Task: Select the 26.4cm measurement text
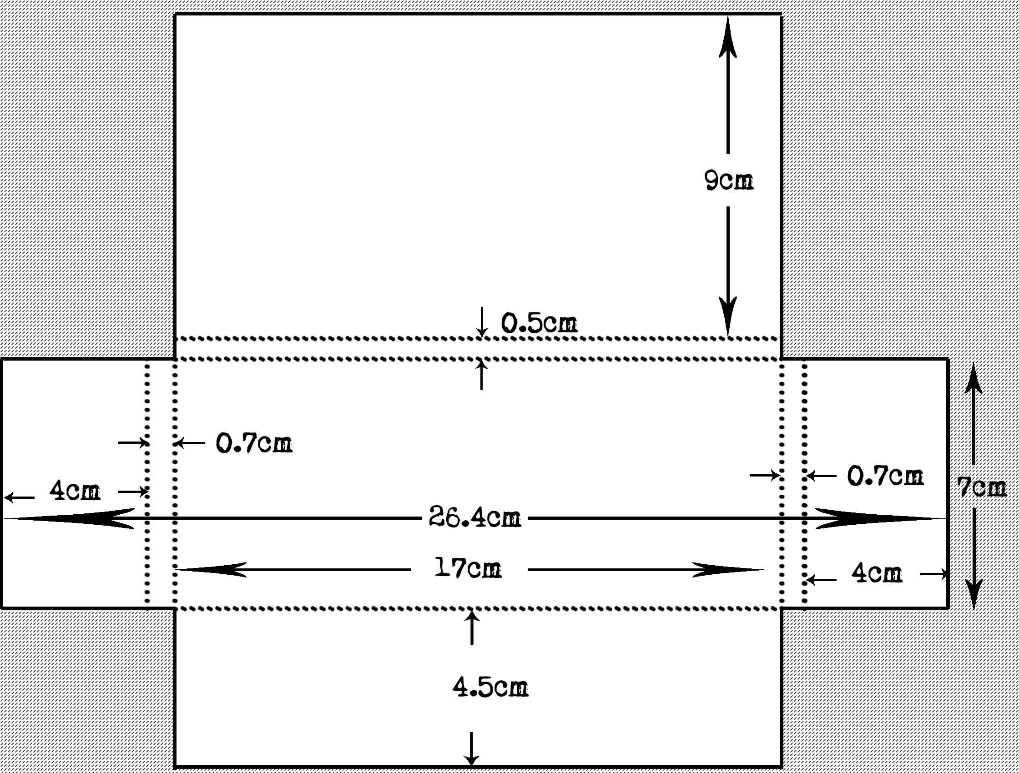tap(474, 517)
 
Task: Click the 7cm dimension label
tap(981, 487)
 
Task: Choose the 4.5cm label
tap(489, 688)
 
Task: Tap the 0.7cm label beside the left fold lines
tap(254, 443)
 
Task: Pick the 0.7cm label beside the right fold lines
tap(885, 476)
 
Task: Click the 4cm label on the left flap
tap(75, 491)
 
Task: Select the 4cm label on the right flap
tap(876, 574)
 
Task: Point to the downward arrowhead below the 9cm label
tap(728, 313)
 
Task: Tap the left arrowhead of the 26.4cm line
tap(69, 518)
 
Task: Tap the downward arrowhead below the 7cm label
tap(974, 592)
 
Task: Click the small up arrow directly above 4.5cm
tap(471, 619)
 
